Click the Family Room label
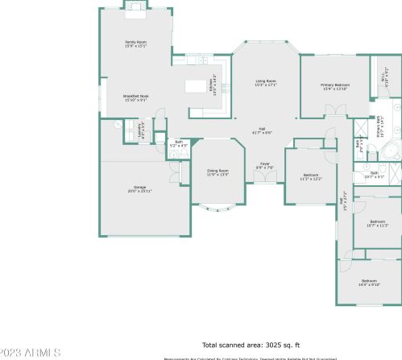135,43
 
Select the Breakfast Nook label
135,98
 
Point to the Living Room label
267,82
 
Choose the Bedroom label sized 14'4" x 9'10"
370,283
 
